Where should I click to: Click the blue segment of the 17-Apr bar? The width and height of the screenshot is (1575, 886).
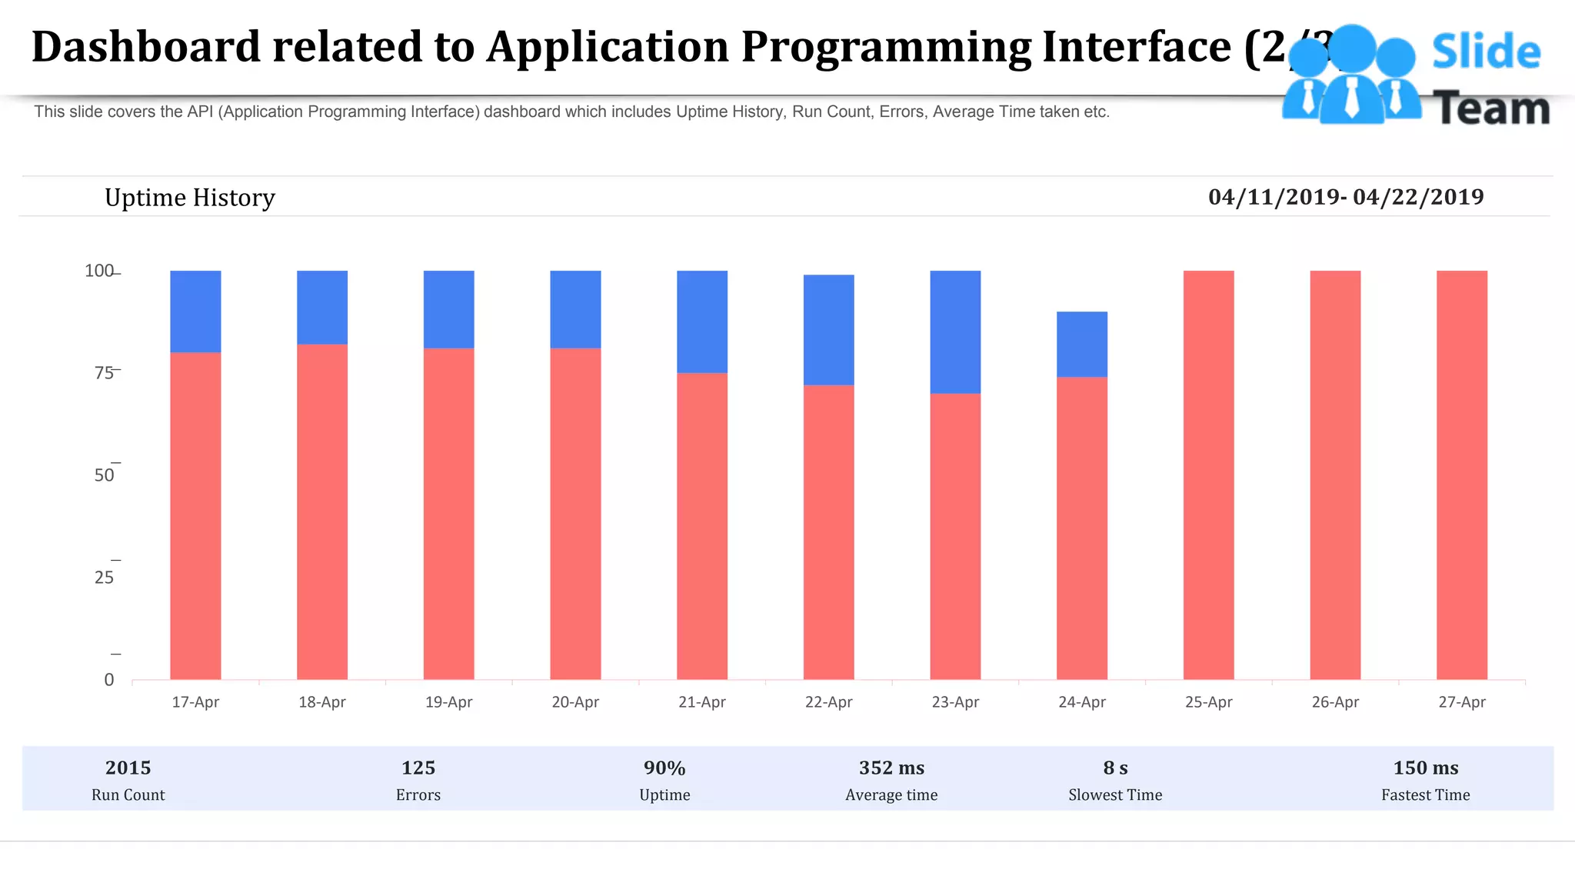(195, 311)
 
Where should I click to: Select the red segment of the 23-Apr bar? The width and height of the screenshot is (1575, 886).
(955, 536)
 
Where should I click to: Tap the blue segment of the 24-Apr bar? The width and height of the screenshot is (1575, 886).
(1082, 344)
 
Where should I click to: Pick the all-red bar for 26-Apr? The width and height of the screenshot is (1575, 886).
(1335, 475)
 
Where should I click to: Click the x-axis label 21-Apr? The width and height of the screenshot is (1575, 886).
(701, 702)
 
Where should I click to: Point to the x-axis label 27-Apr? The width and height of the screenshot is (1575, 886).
(1461, 702)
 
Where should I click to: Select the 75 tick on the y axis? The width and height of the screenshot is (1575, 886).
(104, 373)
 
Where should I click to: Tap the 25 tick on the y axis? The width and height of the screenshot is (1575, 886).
(104, 578)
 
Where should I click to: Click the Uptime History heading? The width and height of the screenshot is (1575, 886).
(189, 198)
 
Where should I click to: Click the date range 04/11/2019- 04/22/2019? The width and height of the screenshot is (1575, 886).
(1346, 197)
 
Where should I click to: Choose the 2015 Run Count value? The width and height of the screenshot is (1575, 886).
(128, 768)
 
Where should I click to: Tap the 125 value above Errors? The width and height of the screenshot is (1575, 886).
(418, 768)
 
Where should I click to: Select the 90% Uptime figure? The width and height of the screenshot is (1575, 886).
(664, 768)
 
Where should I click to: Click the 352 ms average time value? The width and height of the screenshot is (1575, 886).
(891, 768)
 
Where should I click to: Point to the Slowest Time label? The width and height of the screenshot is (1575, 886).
(1115, 795)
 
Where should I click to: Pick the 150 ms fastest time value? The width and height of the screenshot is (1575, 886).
(1425, 768)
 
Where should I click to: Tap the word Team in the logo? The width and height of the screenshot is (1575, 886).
(1491, 108)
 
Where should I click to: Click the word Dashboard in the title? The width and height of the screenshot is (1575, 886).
(146, 46)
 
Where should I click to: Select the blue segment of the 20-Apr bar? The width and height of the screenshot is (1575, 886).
(575, 309)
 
